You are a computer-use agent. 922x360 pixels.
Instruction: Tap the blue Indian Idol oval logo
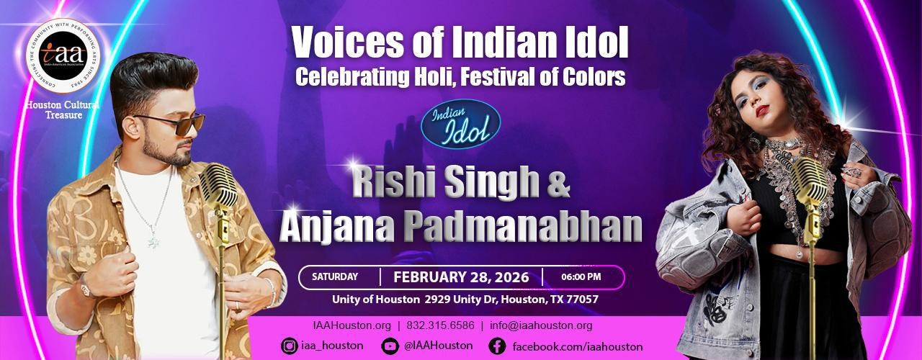[461, 125]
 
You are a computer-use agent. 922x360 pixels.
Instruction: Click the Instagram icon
[290, 346]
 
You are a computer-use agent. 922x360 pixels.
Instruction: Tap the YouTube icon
[390, 346]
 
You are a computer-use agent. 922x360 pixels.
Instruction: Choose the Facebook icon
[497, 346]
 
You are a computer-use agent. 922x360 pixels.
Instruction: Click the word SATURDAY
[335, 276]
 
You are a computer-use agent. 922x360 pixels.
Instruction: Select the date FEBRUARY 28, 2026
[461, 277]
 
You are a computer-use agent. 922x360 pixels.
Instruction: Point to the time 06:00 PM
[581, 276]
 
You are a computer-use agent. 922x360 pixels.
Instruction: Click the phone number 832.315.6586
[440, 325]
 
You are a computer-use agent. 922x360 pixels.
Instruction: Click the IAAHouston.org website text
[352, 325]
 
